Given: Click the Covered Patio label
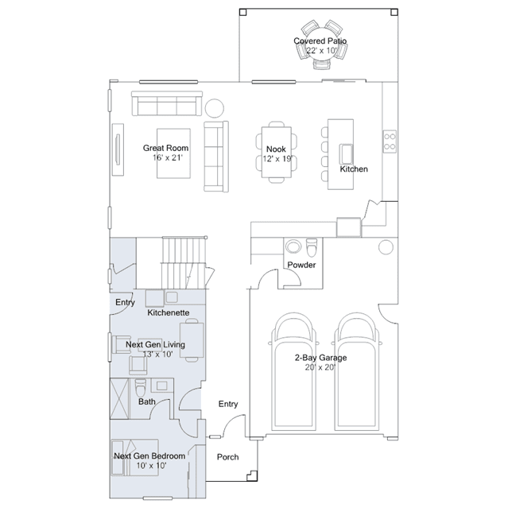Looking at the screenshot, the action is coord(320,41).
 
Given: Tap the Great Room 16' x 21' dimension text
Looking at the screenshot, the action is coord(168,157).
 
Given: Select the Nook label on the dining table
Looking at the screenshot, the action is coord(276,149).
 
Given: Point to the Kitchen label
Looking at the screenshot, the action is coord(354,169).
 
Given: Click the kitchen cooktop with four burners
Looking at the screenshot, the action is coord(390,142).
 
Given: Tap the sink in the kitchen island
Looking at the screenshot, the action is coord(346,154).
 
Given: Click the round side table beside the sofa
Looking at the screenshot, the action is coord(214,108).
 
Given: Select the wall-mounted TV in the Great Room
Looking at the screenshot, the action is coord(118,149).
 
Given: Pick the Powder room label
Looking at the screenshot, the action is coord(301,265).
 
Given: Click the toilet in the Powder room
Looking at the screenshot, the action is coord(312,247).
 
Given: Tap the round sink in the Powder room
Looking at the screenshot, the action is coord(293,246).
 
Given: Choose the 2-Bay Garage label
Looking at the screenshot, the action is coord(320,358).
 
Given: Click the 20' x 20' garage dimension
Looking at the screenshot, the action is coord(320,367).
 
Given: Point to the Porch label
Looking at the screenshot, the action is coord(227,457).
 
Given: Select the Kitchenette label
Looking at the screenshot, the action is coord(169,312).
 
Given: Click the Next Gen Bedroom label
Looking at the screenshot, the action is coord(149,456).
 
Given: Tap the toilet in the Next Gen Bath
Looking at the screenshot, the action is coord(141,387).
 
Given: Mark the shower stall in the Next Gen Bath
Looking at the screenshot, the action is coord(120,399).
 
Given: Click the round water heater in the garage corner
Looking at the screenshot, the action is coord(386,247).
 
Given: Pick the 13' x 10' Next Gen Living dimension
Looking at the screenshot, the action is coord(157,354).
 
